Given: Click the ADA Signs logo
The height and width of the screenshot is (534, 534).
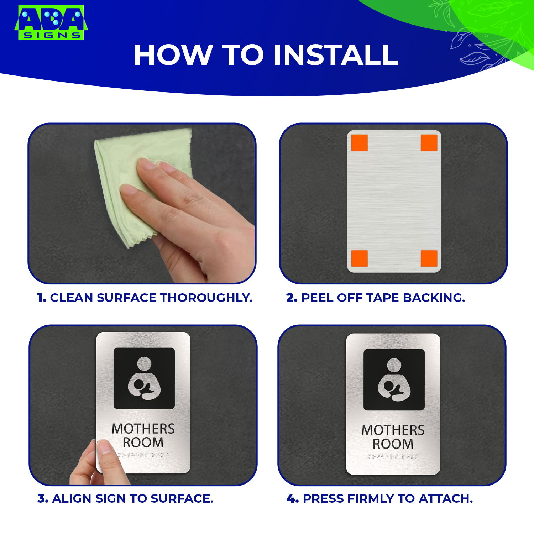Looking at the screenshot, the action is (x=51, y=22).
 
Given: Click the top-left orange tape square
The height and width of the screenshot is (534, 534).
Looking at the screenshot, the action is (x=359, y=143).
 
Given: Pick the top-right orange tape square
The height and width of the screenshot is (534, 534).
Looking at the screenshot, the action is (x=429, y=143).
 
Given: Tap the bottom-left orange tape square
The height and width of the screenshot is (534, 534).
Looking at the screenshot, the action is (x=359, y=258).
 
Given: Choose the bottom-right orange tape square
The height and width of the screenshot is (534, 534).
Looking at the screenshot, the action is (x=429, y=258).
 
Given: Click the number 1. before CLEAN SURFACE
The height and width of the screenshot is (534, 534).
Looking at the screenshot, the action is (x=42, y=298).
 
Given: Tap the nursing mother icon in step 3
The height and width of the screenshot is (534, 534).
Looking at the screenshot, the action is (x=144, y=378).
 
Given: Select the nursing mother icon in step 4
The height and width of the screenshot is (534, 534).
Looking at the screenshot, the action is (x=394, y=380).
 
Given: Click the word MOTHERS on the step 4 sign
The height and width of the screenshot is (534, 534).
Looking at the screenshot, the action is (x=393, y=430).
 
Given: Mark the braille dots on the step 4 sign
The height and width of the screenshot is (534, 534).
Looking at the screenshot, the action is (x=393, y=456).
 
